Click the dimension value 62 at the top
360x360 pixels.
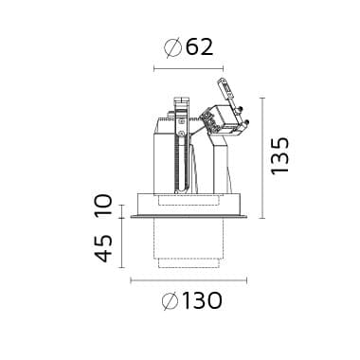coord(199,47)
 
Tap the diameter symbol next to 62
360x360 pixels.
coord(173,47)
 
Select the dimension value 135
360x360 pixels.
coord(280,155)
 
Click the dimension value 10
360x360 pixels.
coord(104,205)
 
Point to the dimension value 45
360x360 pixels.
coord(104,248)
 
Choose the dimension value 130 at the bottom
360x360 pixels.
coord(202,301)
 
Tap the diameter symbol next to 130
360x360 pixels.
coord(171,301)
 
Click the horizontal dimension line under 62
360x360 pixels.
coord(189,68)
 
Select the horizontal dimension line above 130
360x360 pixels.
coord(189,280)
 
